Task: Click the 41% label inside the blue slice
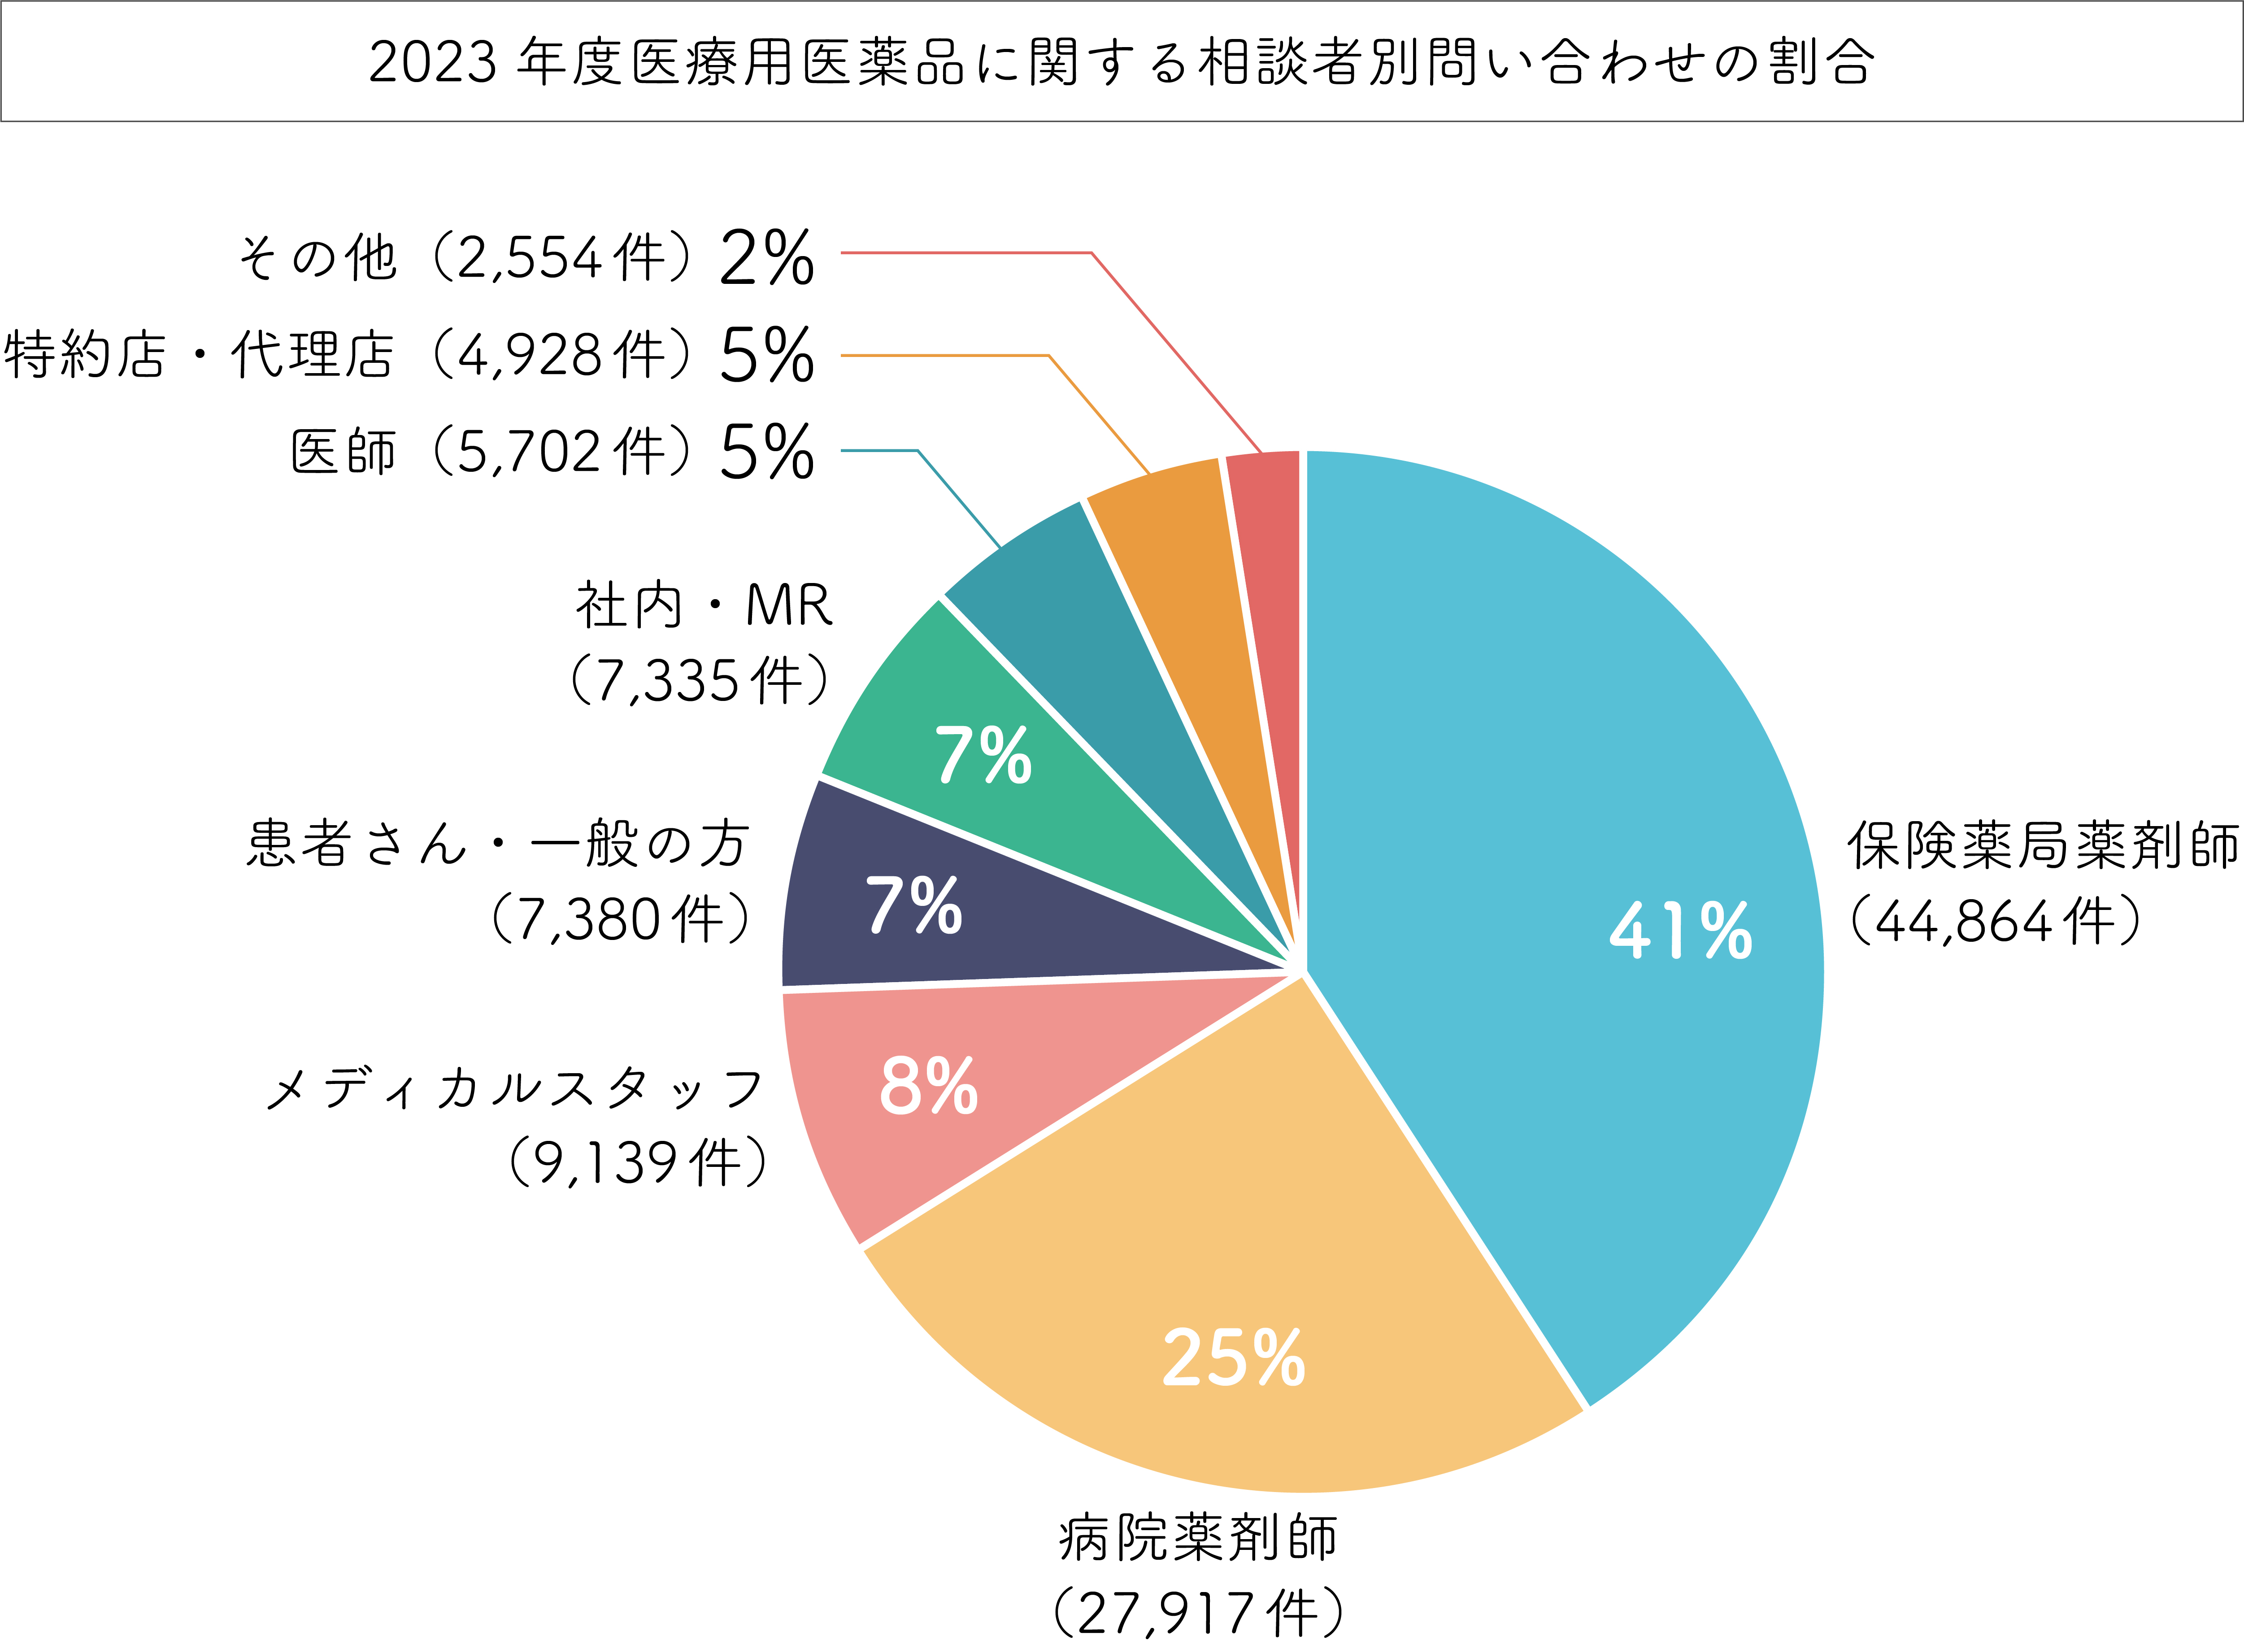pos(1680,931)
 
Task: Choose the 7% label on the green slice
pos(983,756)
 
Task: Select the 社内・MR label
pos(704,606)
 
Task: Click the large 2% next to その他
pos(767,257)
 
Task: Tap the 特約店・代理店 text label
pos(200,355)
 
